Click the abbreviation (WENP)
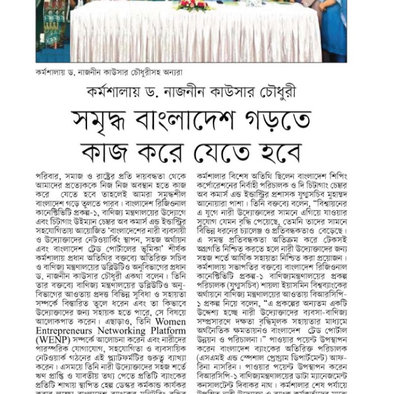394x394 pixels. [x=54, y=339]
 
